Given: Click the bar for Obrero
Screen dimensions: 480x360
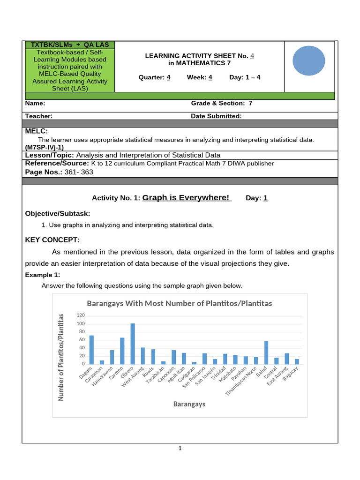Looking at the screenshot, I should click(x=133, y=344).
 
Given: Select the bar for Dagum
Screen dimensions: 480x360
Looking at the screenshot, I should click(x=91, y=350).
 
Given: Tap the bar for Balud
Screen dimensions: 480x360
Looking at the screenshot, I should click(x=266, y=352).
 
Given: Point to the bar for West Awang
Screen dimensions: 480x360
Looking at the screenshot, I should click(x=143, y=356).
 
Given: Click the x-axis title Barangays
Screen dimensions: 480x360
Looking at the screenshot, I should click(x=189, y=404).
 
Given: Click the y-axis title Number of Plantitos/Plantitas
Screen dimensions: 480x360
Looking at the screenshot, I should click(x=60, y=358).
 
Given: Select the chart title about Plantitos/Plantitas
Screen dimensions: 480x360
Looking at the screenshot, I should click(x=178, y=303).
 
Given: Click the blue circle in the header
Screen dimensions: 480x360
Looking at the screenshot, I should click(x=309, y=60).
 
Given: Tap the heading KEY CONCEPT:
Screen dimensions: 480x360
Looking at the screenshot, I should click(x=52, y=240).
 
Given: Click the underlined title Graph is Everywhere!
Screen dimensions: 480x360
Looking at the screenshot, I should click(x=187, y=198).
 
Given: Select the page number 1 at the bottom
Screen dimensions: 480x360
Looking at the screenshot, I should click(x=180, y=449).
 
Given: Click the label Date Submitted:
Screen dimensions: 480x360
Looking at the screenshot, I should click(x=216, y=116).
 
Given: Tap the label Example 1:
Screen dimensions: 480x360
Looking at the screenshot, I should click(x=43, y=275).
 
